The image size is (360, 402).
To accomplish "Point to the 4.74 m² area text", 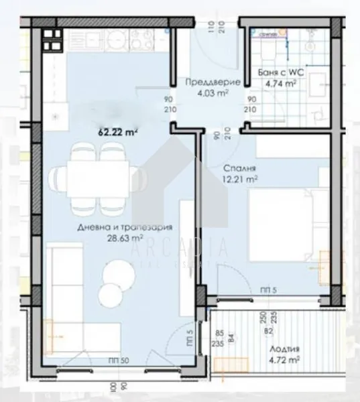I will (x=282, y=84).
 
